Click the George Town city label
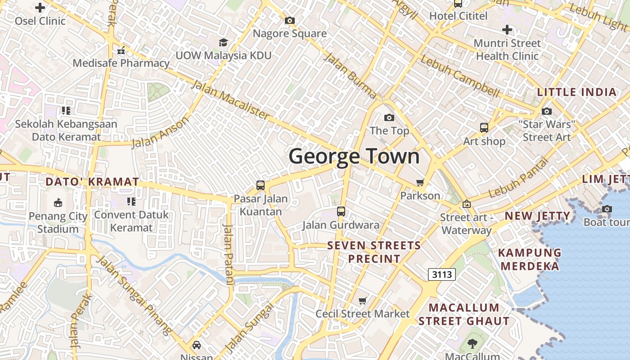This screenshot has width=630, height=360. pyautogui.click(x=354, y=157)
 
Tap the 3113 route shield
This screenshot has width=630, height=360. pyautogui.click(x=441, y=274)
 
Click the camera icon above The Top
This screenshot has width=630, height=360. pyautogui.click(x=389, y=118)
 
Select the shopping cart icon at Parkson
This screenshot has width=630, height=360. pyautogui.click(x=420, y=183)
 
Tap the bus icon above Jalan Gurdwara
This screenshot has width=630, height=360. pyautogui.click(x=341, y=211)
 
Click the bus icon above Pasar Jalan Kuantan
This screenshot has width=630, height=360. pyautogui.click(x=261, y=185)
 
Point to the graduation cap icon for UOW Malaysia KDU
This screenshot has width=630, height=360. pyautogui.click(x=223, y=43)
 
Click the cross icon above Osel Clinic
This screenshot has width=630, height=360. pyautogui.click(x=40, y=8)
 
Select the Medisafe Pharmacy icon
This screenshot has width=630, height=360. pyautogui.click(x=121, y=50)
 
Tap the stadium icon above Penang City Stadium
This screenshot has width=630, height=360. pyautogui.click(x=58, y=203)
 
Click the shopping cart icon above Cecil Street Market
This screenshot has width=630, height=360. pyautogui.click(x=363, y=301)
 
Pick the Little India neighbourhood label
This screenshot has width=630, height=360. pyautogui.click(x=577, y=92)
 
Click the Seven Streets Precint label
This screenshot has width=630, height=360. pyautogui.click(x=374, y=252)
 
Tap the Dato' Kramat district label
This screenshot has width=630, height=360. pyautogui.click(x=92, y=182)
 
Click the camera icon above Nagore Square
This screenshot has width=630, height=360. pyautogui.click(x=290, y=21)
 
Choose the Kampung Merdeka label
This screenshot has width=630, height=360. pyautogui.click(x=531, y=259)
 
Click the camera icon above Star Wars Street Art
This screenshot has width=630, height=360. pyautogui.click(x=547, y=111)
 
